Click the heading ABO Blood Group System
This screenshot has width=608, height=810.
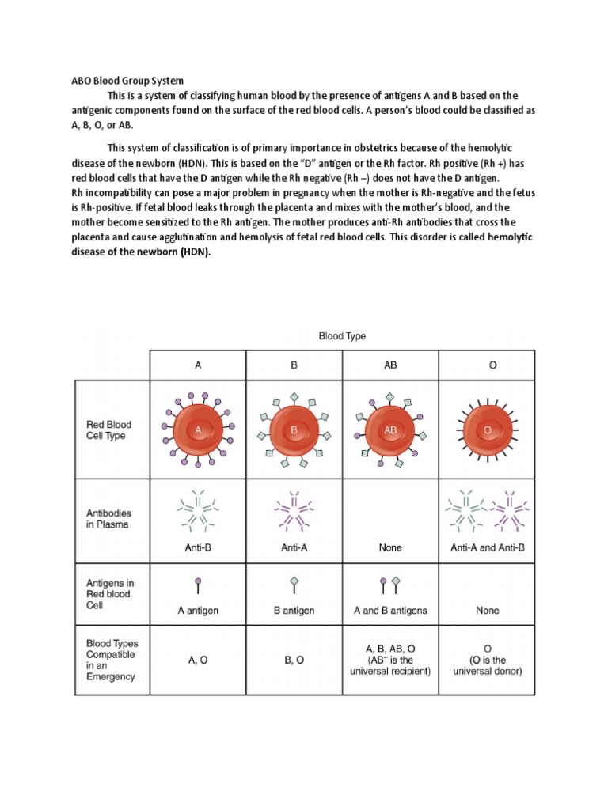click(x=122, y=81)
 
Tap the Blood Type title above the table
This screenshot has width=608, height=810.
click(x=342, y=336)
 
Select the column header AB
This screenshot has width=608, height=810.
click(x=389, y=365)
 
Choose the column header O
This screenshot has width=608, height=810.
click(x=487, y=365)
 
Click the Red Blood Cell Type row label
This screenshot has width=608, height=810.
click(x=105, y=430)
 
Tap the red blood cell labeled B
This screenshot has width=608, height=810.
click(x=294, y=430)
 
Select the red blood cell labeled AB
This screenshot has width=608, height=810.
click(x=389, y=430)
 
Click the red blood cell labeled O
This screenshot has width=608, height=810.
click(x=487, y=430)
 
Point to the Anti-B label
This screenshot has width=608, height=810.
click(x=198, y=547)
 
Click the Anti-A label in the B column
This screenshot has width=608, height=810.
click(x=294, y=547)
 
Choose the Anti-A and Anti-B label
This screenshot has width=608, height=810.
click(x=487, y=547)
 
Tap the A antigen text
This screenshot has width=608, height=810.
click(x=198, y=611)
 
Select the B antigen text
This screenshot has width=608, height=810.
click(x=294, y=611)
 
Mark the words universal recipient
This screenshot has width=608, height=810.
click(x=389, y=672)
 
